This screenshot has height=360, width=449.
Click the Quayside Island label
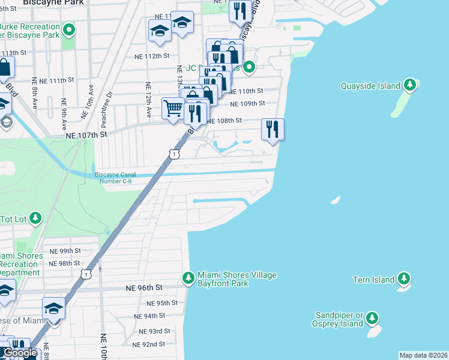coord(370,86)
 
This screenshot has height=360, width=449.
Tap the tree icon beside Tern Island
coord(404,279)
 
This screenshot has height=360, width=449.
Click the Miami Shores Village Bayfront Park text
coord(237,279)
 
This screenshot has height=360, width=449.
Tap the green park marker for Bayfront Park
coord(188,278)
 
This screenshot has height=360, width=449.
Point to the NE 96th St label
coord(144,288)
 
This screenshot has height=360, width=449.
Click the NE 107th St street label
coord(86,135)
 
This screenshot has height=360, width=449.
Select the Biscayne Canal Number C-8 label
coord(115,178)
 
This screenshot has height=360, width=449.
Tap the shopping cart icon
coord(173,109)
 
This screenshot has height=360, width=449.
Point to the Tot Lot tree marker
coord(36,218)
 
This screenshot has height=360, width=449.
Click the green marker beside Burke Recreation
coord(70,28)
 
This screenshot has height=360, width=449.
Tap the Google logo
coord(20,353)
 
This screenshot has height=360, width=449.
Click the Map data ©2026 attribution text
coord(424,355)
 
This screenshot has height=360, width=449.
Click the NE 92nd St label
coord(149,344)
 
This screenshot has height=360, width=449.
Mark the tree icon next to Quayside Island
coord(410,85)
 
